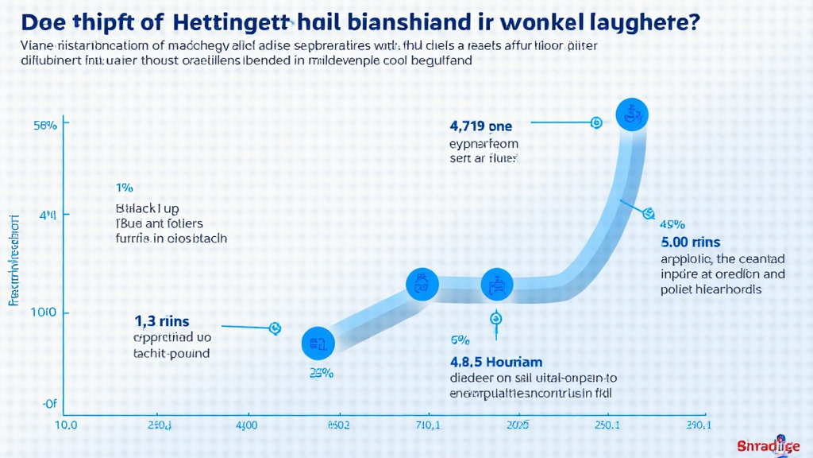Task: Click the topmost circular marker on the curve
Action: click(x=632, y=114)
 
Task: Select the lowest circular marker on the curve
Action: click(x=318, y=343)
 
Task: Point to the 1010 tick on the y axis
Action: click(x=43, y=313)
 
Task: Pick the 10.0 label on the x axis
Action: click(x=64, y=425)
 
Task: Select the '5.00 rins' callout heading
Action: click(x=691, y=241)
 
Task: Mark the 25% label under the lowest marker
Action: click(x=320, y=374)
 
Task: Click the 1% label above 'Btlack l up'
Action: click(x=124, y=188)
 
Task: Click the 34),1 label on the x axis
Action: click(x=699, y=425)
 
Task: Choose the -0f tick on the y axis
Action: click(x=48, y=404)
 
